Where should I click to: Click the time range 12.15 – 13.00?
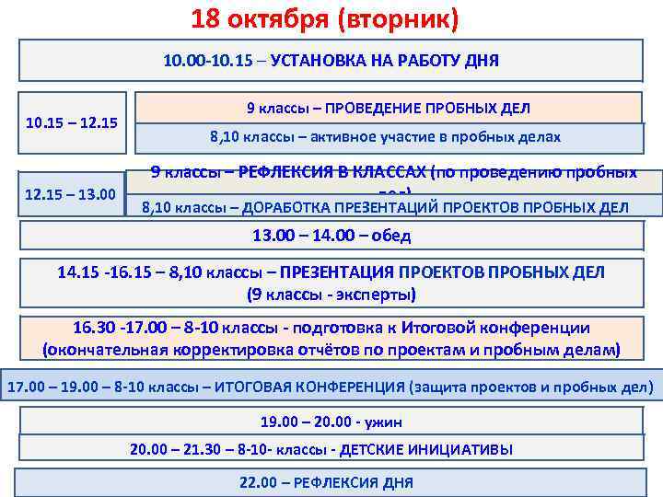point(70,195)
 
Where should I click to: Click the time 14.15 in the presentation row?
point(77,272)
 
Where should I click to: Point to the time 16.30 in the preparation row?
point(93,329)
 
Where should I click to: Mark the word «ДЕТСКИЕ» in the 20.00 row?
point(367,449)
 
